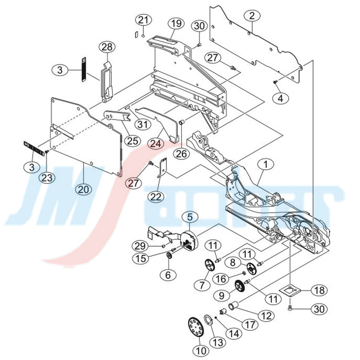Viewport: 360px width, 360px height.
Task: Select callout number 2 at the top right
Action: (x=252, y=15)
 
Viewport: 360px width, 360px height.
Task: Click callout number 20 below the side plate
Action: (x=84, y=189)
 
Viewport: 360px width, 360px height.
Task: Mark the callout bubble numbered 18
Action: (x=319, y=290)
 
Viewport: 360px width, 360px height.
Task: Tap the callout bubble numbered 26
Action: (x=180, y=154)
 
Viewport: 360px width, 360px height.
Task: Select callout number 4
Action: (x=281, y=98)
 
